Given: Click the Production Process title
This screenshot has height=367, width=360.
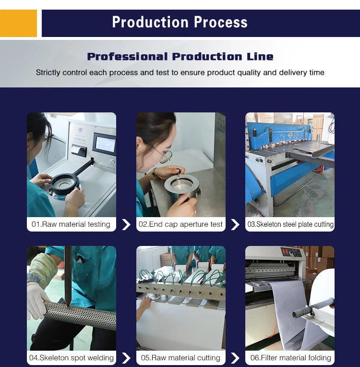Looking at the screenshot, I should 180,22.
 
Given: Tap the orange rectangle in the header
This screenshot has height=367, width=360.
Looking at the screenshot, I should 18,23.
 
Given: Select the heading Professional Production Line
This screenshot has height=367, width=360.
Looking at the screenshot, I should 180,57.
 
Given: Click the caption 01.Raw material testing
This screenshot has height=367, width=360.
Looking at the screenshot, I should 71,224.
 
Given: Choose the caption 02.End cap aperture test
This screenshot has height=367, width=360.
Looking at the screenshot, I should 180,224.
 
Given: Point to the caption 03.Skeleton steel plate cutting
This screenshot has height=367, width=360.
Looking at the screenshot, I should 290,224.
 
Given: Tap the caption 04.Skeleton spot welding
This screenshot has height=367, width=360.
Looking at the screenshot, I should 71,358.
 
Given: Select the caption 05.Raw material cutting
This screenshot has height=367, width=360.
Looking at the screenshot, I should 180,358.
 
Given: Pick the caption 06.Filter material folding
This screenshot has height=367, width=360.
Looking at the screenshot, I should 290,358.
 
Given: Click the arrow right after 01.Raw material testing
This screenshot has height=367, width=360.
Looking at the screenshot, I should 126,224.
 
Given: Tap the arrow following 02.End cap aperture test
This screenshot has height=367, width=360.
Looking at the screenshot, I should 235,224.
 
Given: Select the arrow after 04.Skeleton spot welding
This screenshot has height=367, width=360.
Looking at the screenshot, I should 126,358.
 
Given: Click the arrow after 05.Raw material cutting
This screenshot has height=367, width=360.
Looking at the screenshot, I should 235,358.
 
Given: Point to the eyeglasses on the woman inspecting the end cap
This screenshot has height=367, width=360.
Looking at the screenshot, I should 164,156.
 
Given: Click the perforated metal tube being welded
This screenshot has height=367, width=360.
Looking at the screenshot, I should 82,315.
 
